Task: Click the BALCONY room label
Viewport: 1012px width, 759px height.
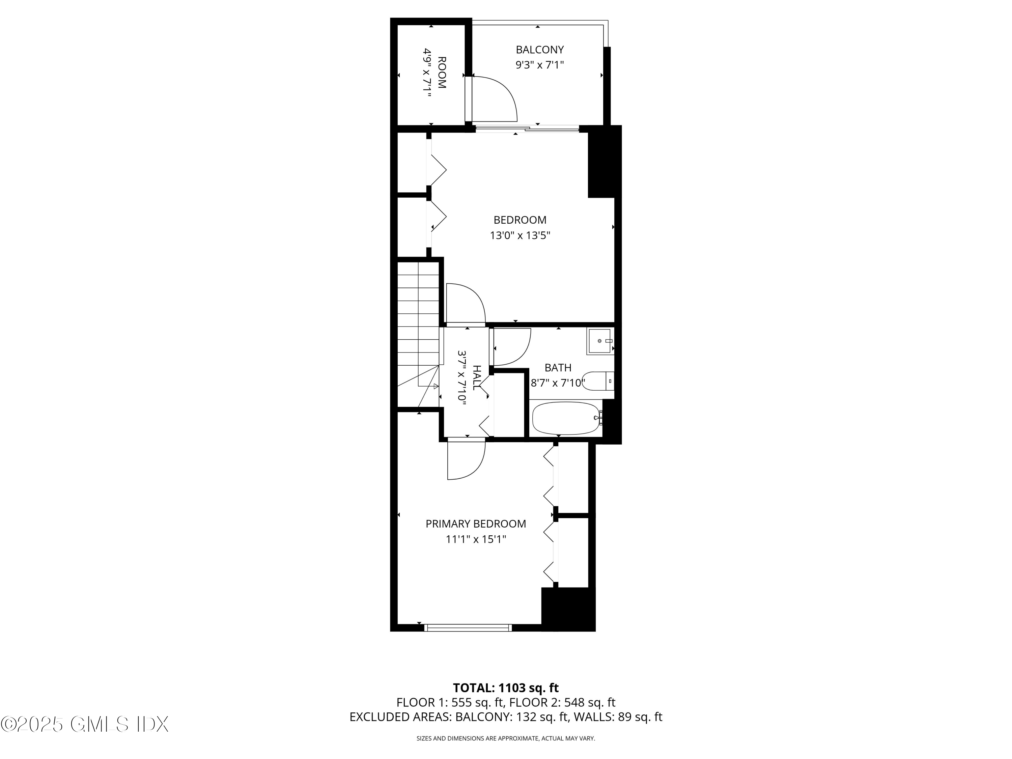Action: pos(539,49)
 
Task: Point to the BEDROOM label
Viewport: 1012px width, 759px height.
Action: pos(520,220)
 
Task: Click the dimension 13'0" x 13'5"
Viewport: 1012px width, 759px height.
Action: pos(520,235)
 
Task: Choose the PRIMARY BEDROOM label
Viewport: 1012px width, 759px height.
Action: pos(476,524)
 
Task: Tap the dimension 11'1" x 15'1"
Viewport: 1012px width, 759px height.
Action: pos(476,539)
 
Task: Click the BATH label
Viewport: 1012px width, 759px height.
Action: pos(558,367)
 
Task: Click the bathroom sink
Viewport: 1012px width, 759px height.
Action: pos(600,341)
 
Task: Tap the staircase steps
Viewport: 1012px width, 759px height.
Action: pos(418,320)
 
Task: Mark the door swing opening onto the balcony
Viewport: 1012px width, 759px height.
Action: pos(494,99)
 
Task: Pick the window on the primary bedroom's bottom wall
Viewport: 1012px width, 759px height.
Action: pos(468,628)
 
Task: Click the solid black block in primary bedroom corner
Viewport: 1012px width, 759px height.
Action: pos(568,609)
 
